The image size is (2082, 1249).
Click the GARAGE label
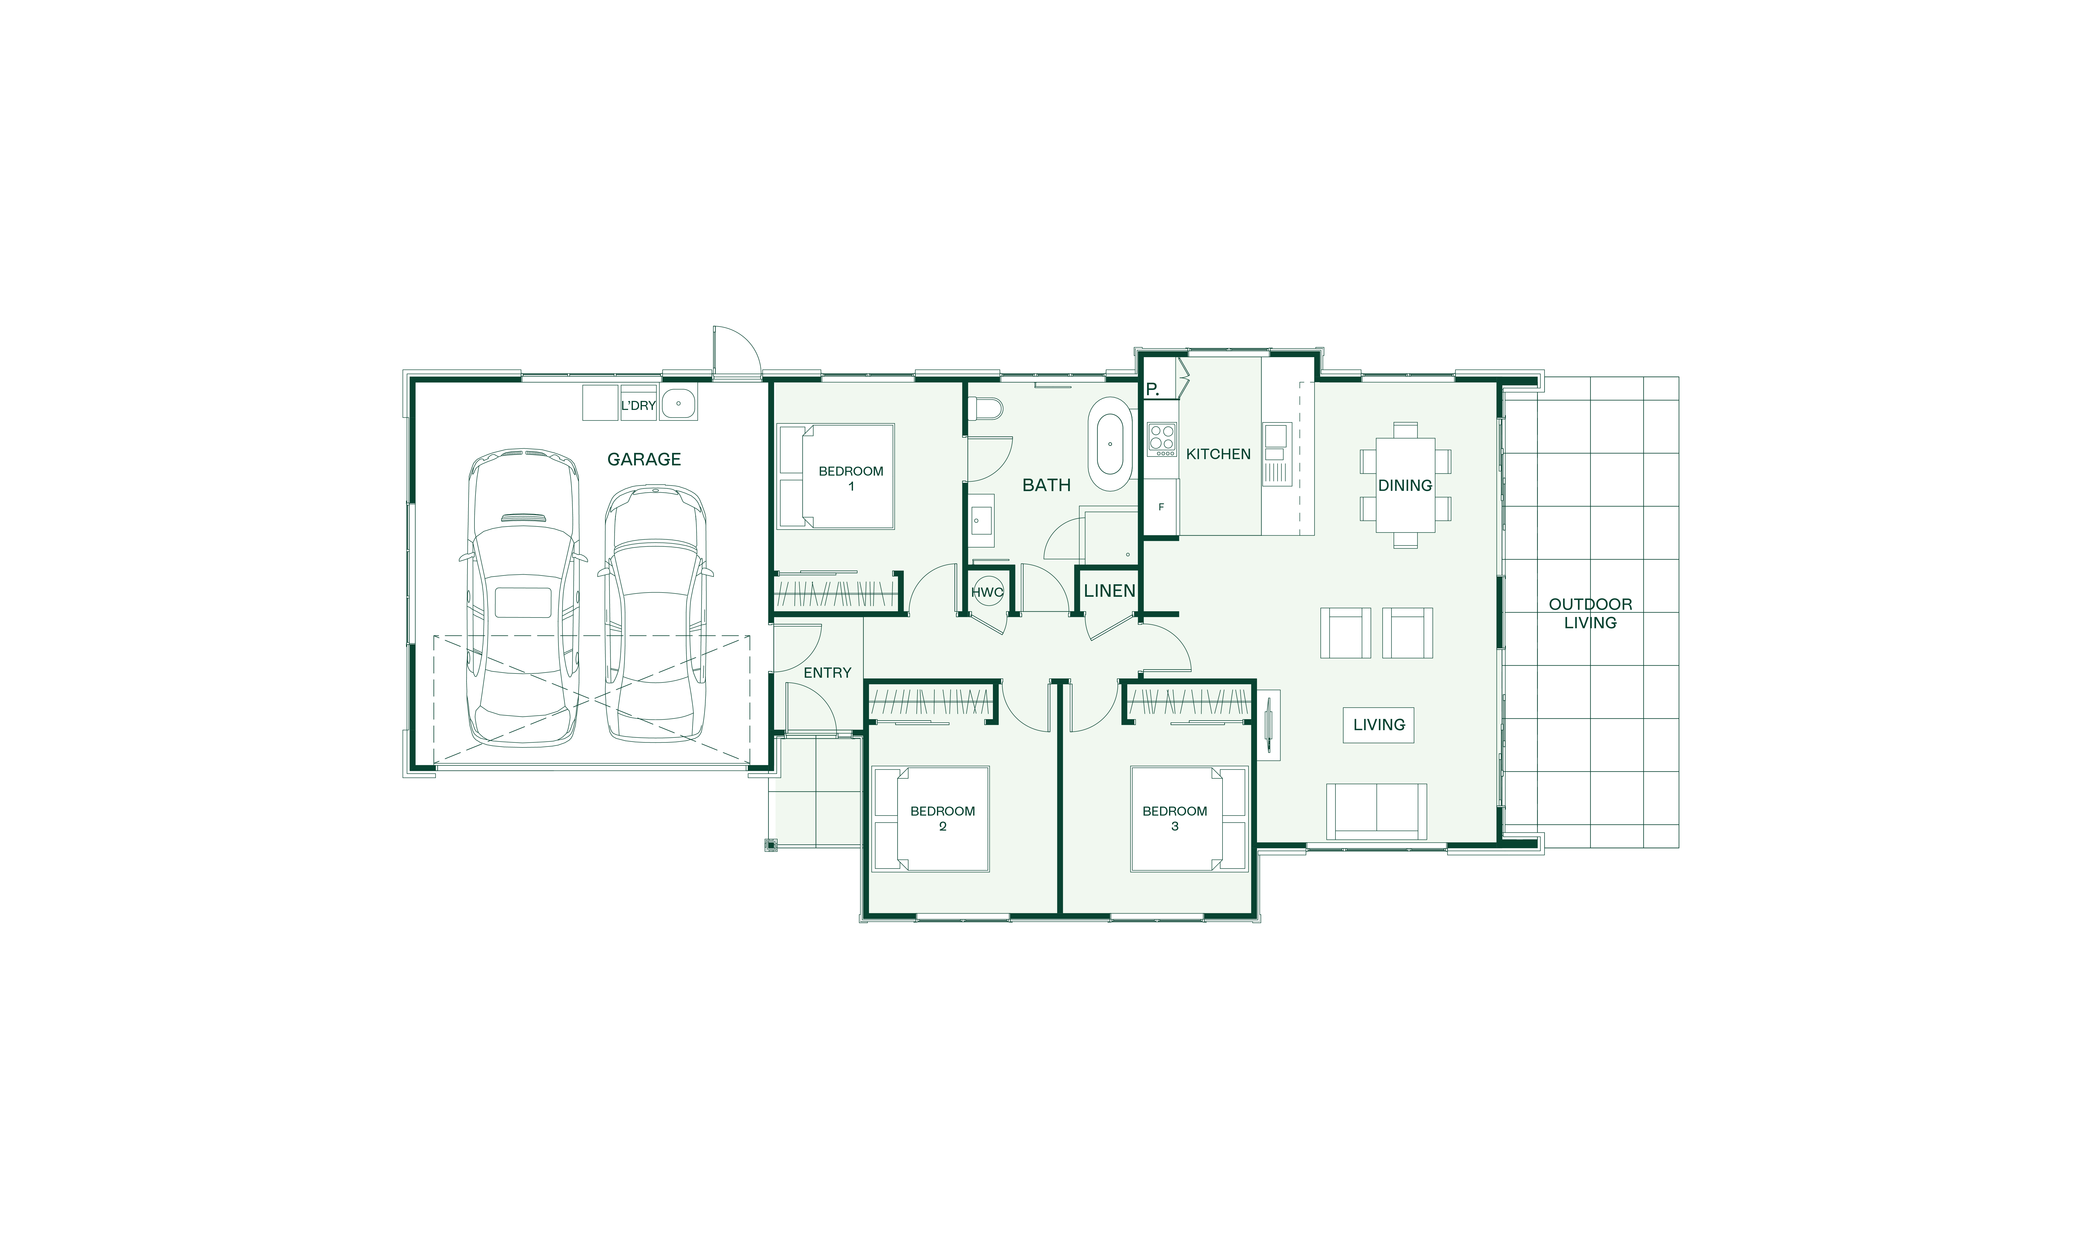[644, 460]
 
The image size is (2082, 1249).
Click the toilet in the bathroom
[986, 409]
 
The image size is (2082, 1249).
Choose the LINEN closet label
[1109, 591]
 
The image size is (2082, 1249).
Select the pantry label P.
[1152, 390]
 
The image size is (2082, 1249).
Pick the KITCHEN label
[1218, 454]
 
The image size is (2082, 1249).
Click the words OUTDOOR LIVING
[1590, 614]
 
